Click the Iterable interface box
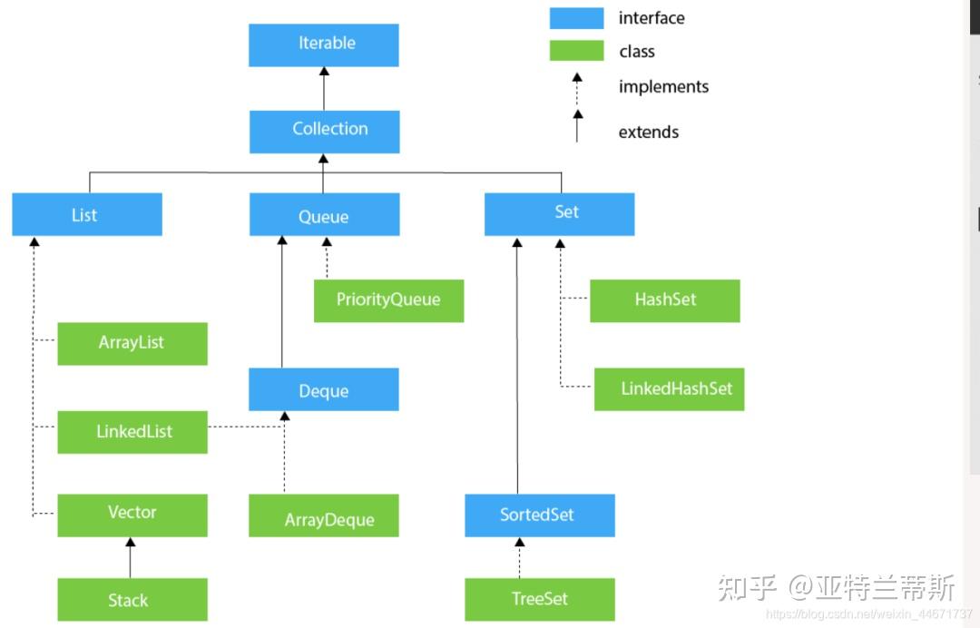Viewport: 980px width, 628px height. pyautogui.click(x=324, y=44)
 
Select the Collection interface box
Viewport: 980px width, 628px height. pyautogui.click(x=325, y=131)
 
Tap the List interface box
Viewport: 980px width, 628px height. pyautogui.click(x=87, y=215)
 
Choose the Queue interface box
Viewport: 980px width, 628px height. pyautogui.click(x=324, y=215)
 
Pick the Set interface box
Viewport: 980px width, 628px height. pyautogui.click(x=559, y=214)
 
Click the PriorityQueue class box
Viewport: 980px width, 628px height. pyautogui.click(x=388, y=300)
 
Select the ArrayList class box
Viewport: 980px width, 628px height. pyautogui.click(x=132, y=343)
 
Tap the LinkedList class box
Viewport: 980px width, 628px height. pyautogui.click(x=132, y=431)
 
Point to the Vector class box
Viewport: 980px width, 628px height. pyautogui.click(x=132, y=515)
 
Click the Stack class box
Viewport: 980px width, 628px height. pyautogui.click(x=132, y=600)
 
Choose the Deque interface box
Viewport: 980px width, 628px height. pyautogui.click(x=324, y=389)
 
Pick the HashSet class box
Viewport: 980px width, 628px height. pyautogui.click(x=664, y=300)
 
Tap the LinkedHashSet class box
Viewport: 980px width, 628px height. pyautogui.click(x=670, y=388)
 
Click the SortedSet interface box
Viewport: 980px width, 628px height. pyautogui.click(x=539, y=515)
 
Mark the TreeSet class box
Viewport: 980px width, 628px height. pyautogui.click(x=539, y=600)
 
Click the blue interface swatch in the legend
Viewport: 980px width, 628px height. pyautogui.click(x=576, y=18)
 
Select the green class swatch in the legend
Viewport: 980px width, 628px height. pyautogui.click(x=576, y=51)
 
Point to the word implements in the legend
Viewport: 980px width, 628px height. pyautogui.click(x=663, y=87)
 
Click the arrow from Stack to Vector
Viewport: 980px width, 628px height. pyautogui.click(x=130, y=557)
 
